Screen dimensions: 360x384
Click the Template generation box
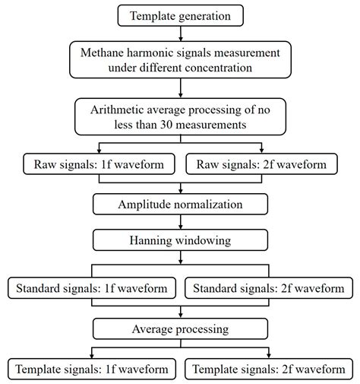pyautogui.click(x=181, y=15)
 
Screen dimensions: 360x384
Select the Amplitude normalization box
pyautogui.click(x=180, y=205)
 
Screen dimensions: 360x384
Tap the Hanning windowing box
pyautogui.click(x=180, y=240)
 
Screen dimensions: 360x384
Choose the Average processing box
pyautogui.click(x=180, y=329)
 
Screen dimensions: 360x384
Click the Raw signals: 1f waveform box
pyautogui.click(x=99, y=164)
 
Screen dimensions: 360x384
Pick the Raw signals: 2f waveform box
pyautogui.click(x=261, y=164)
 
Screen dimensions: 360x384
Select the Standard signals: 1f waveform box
pyautogui.click(x=92, y=288)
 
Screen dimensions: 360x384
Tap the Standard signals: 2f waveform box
pyautogui.click(x=269, y=288)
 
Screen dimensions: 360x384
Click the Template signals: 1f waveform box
pyautogui.click(x=92, y=369)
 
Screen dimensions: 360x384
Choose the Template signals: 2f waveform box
pyautogui.click(x=269, y=369)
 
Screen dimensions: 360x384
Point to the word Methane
pyautogui.click(x=102, y=52)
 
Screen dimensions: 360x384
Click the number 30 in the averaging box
pyautogui.click(x=166, y=125)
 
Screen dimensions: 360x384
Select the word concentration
pyautogui.click(x=218, y=68)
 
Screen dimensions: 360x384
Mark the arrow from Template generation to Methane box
pyautogui.click(x=181, y=33)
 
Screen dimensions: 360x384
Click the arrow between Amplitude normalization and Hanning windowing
pyautogui.click(x=181, y=222)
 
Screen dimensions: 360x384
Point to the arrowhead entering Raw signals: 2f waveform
pyautogui.click(x=261, y=151)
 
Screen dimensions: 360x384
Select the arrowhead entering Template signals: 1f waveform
pyautogui.click(x=92, y=356)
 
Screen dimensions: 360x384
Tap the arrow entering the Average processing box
pyautogui.click(x=181, y=312)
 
